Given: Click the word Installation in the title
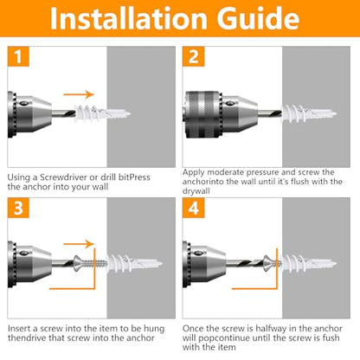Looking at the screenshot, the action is [x=129, y=18].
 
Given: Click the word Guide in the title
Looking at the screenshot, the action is [x=258, y=18].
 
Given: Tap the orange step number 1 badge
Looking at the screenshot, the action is [x=18, y=56].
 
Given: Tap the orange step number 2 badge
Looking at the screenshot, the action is [x=193, y=56].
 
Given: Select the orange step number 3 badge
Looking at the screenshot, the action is [x=18, y=208].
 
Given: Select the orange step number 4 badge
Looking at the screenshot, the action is [x=193, y=208].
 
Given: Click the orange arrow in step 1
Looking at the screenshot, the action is [x=79, y=94].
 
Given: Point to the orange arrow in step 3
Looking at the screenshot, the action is [x=79, y=244].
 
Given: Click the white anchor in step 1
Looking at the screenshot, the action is [x=102, y=113].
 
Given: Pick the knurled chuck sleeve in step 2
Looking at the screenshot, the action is [x=203, y=114].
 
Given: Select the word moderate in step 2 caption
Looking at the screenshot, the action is [x=226, y=172].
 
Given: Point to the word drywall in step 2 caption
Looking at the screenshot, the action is [x=196, y=191].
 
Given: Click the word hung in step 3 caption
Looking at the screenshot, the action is [x=154, y=329].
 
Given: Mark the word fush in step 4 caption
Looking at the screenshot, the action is [x=331, y=337].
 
